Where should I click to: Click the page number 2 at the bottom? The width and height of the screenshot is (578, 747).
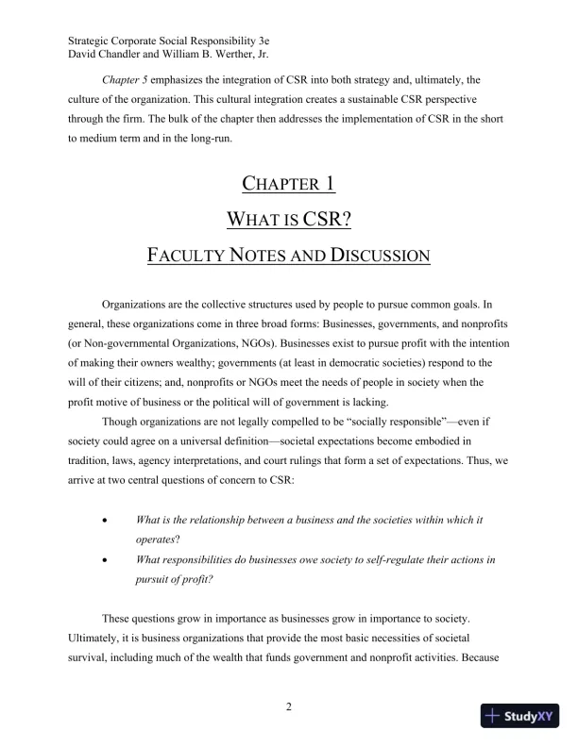289,708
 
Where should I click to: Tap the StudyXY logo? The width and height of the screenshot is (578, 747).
518,716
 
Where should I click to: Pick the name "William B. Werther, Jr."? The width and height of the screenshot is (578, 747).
222,55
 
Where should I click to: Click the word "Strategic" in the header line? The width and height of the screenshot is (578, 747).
93,41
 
